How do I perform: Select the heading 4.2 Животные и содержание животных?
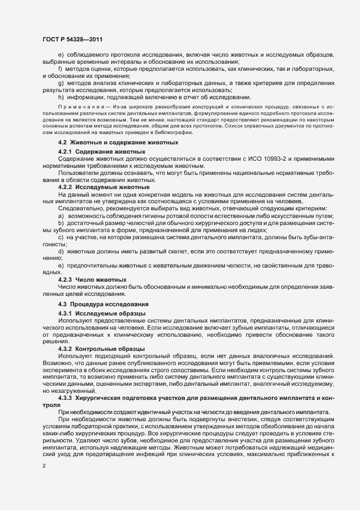(118, 142)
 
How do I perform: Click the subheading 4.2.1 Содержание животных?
(101, 151)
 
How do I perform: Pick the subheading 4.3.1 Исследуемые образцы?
(101, 313)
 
